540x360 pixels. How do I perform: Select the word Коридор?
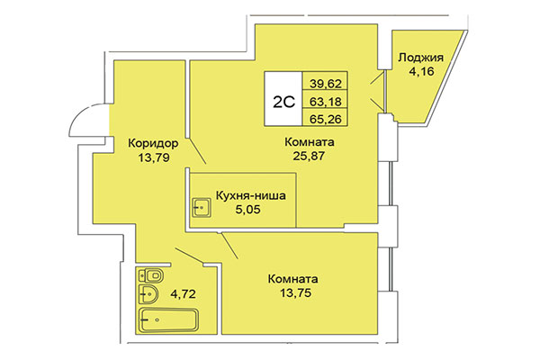pyautogui.click(x=153, y=142)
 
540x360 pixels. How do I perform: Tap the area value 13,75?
pyautogui.click(x=297, y=293)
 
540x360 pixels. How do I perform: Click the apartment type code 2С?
pyautogui.click(x=281, y=101)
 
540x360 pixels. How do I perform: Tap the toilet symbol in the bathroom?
pyautogui.click(x=150, y=275)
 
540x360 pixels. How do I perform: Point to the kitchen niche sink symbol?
pyautogui.click(x=200, y=208)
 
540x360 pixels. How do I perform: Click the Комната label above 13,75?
pyautogui.click(x=297, y=278)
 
